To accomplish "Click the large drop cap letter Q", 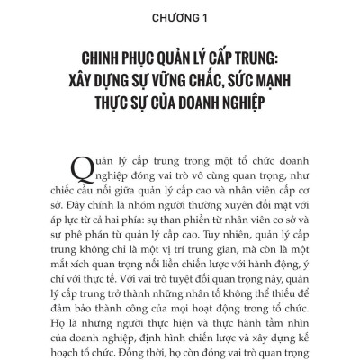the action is pyautogui.click(x=59, y=164).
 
